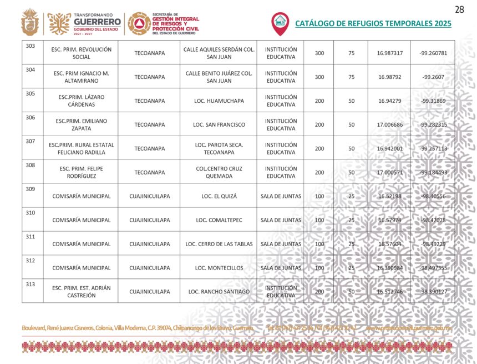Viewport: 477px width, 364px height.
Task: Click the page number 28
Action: [x=459, y=9]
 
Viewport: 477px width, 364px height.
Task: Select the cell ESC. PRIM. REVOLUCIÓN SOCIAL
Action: [x=81, y=53]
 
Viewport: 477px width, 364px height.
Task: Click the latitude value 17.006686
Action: [x=389, y=124]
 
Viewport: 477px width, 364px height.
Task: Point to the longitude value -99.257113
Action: [x=433, y=148]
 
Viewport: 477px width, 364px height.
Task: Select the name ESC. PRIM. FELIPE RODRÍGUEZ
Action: [x=81, y=172]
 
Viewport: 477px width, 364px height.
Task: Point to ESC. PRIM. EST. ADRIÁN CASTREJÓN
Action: [x=81, y=292]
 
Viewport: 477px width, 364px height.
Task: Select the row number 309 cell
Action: [x=31, y=189]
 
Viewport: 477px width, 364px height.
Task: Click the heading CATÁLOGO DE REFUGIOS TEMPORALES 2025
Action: [x=373, y=23]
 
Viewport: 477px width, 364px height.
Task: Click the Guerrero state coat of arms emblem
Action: [x=30, y=23]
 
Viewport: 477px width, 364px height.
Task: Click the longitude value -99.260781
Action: [x=433, y=53]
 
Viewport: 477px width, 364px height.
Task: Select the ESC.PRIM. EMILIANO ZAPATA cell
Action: [x=81, y=124]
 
